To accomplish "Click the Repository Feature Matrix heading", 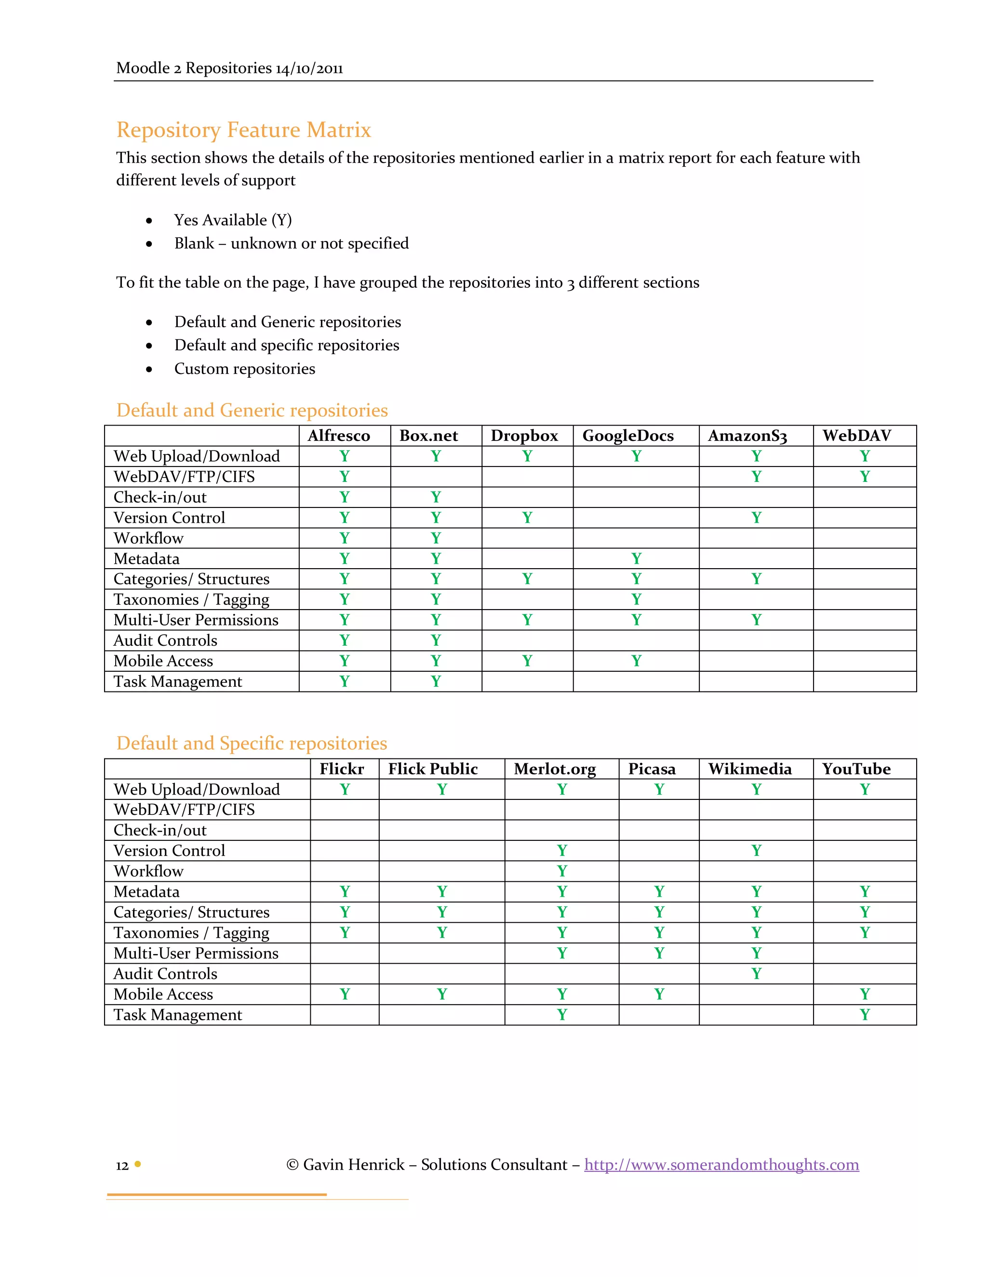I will point(243,130).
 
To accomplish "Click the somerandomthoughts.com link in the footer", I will point(721,1164).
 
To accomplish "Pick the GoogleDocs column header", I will point(627,436).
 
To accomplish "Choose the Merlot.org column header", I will point(554,769).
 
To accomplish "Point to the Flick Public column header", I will point(433,769).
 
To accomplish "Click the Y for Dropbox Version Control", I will point(527,518).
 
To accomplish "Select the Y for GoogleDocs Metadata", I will point(636,559).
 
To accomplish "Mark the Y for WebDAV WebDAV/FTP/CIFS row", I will point(864,477).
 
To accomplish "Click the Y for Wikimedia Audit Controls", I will point(756,973).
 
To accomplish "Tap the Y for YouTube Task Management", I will point(864,1014).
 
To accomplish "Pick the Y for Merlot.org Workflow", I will point(561,871).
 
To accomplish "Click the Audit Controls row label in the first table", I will point(165,640).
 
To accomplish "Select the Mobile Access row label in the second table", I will point(163,994).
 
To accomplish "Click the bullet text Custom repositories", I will point(244,369).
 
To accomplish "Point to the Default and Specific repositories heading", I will point(252,743).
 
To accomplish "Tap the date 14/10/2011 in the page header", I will point(309,68).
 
